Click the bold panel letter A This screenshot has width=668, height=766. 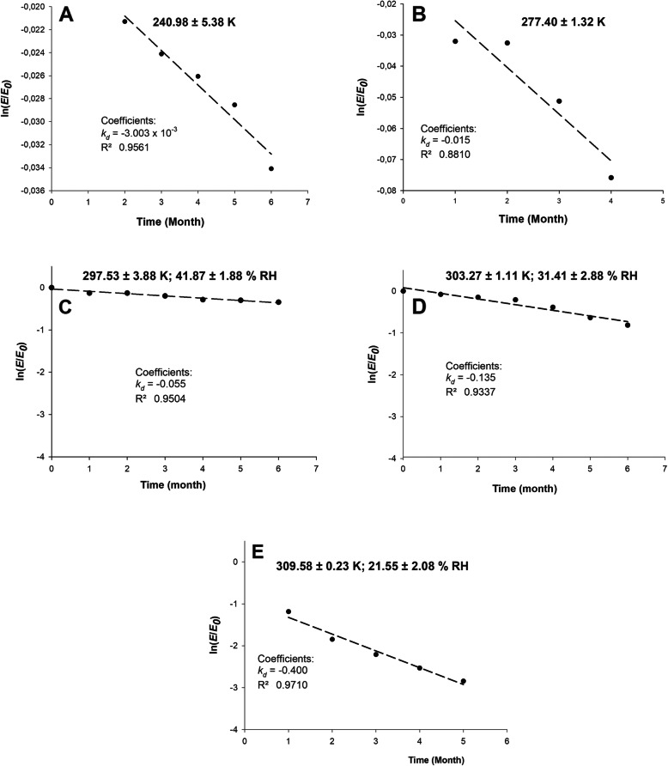[x=66, y=15]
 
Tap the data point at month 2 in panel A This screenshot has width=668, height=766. [x=125, y=21]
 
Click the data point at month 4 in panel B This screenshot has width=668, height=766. [x=610, y=178]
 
